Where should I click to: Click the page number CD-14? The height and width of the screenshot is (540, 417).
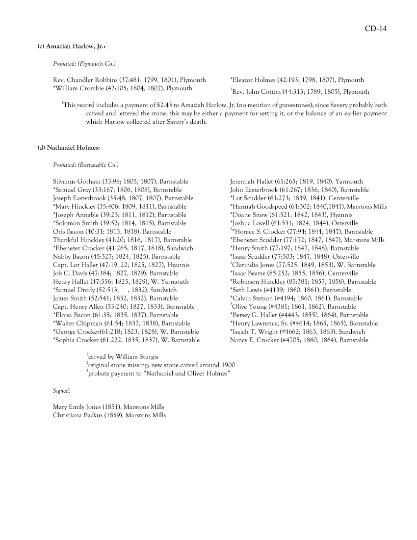pos(375,29)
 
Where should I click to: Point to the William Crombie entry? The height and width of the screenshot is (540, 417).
pos(122,88)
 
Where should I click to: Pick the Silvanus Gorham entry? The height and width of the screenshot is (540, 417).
pos(120,182)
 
